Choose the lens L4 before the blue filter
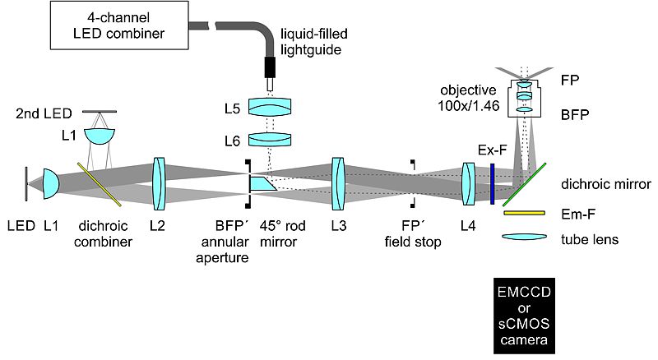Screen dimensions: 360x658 [x=470, y=182]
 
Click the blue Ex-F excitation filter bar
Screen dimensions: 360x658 [x=491, y=182]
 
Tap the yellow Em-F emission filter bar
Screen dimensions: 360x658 [x=525, y=214]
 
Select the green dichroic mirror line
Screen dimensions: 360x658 [x=524, y=182]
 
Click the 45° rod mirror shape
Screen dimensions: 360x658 [x=262, y=183]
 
